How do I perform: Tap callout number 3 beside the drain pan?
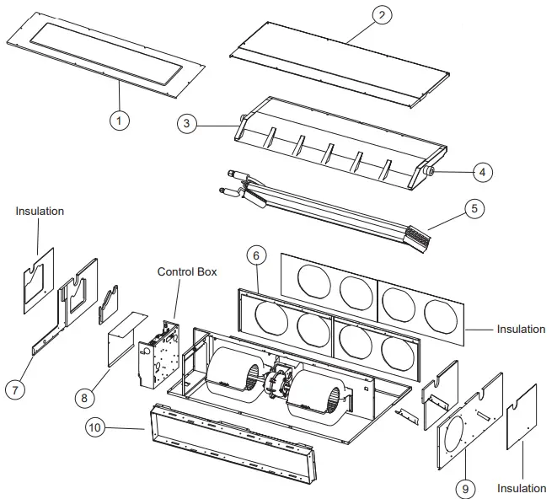click(x=187, y=123)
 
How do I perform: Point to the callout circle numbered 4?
click(x=482, y=172)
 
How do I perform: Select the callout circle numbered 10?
click(x=97, y=427)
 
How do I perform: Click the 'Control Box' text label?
click(x=187, y=272)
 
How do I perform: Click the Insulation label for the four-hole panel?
click(x=520, y=329)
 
